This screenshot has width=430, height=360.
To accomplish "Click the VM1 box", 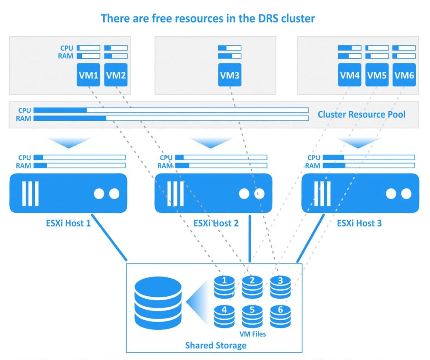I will point(88,76).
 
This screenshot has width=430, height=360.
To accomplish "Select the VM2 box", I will point(116,76).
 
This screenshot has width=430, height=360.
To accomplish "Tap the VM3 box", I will point(230,76).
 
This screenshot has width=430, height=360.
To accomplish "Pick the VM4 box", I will point(350,76).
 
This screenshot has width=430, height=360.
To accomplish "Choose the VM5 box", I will point(377,76).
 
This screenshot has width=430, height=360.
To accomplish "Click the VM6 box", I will point(404,76).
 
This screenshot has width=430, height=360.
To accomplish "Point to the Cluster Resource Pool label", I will point(362,114).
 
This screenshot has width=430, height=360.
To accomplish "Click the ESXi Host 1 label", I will point(68,223).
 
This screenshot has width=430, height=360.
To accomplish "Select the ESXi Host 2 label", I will point(216,223).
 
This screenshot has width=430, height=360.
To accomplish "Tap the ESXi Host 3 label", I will point(359,223).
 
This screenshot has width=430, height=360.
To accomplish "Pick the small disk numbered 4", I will point(225,316).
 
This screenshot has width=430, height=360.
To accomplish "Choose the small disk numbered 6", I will point(281,316).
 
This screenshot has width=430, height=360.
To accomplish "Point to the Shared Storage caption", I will point(215,345).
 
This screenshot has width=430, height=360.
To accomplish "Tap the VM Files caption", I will point(252,334).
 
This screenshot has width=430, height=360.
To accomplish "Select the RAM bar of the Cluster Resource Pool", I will point(171,118).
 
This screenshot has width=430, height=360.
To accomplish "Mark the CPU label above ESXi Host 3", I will point(314,158).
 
